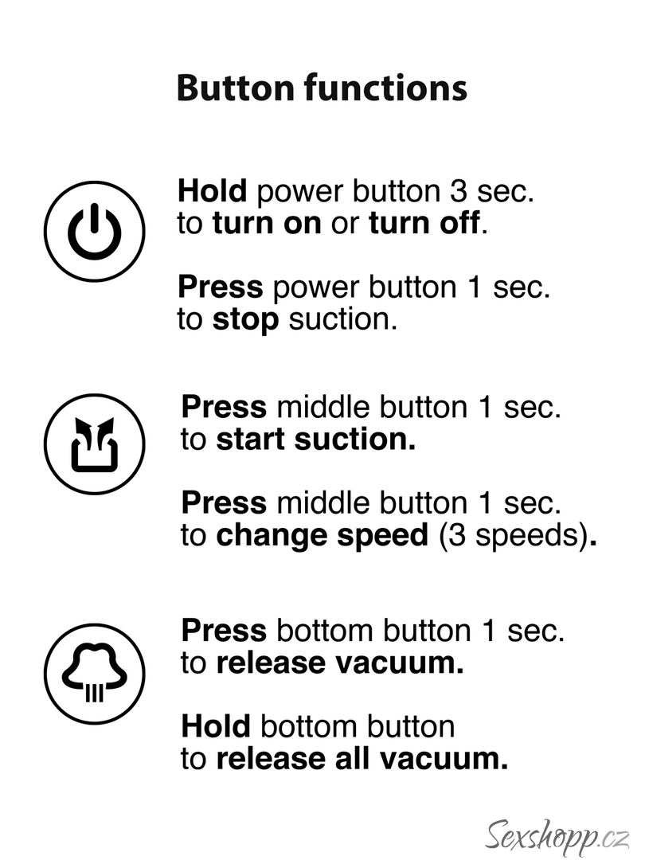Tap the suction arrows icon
point(94,444)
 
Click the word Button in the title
point(236,88)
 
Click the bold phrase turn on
point(267,223)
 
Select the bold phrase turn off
point(424,223)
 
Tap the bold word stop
point(245,320)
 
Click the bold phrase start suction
point(316,440)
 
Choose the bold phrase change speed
point(322,536)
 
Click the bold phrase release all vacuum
point(362,759)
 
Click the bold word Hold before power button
point(213,191)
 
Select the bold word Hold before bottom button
point(216,726)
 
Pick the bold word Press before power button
point(221,287)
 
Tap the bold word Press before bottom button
point(224,630)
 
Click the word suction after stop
point(342,320)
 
